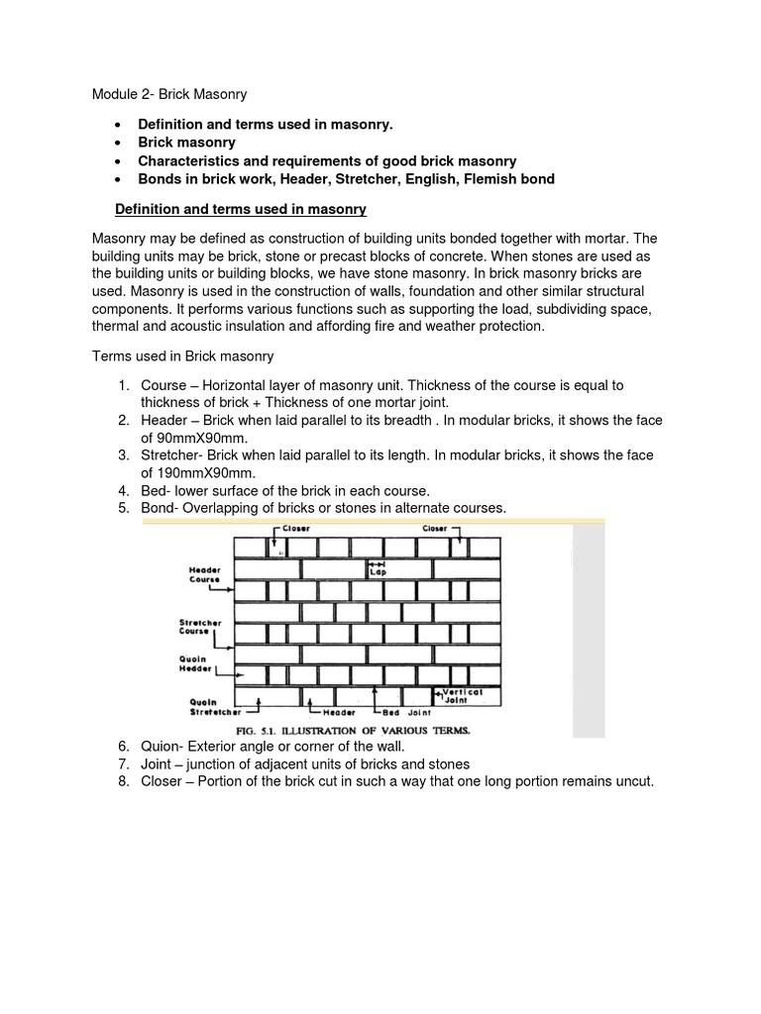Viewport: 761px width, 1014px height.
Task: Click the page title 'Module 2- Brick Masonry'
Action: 168,94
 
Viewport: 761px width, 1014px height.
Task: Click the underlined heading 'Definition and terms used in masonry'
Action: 241,209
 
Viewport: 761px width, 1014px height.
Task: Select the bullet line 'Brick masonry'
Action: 186,143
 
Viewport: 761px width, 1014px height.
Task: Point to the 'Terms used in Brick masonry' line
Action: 182,355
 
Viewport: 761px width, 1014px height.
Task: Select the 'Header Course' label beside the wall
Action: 205,575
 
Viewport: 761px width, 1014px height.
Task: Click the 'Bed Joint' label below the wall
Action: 407,711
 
